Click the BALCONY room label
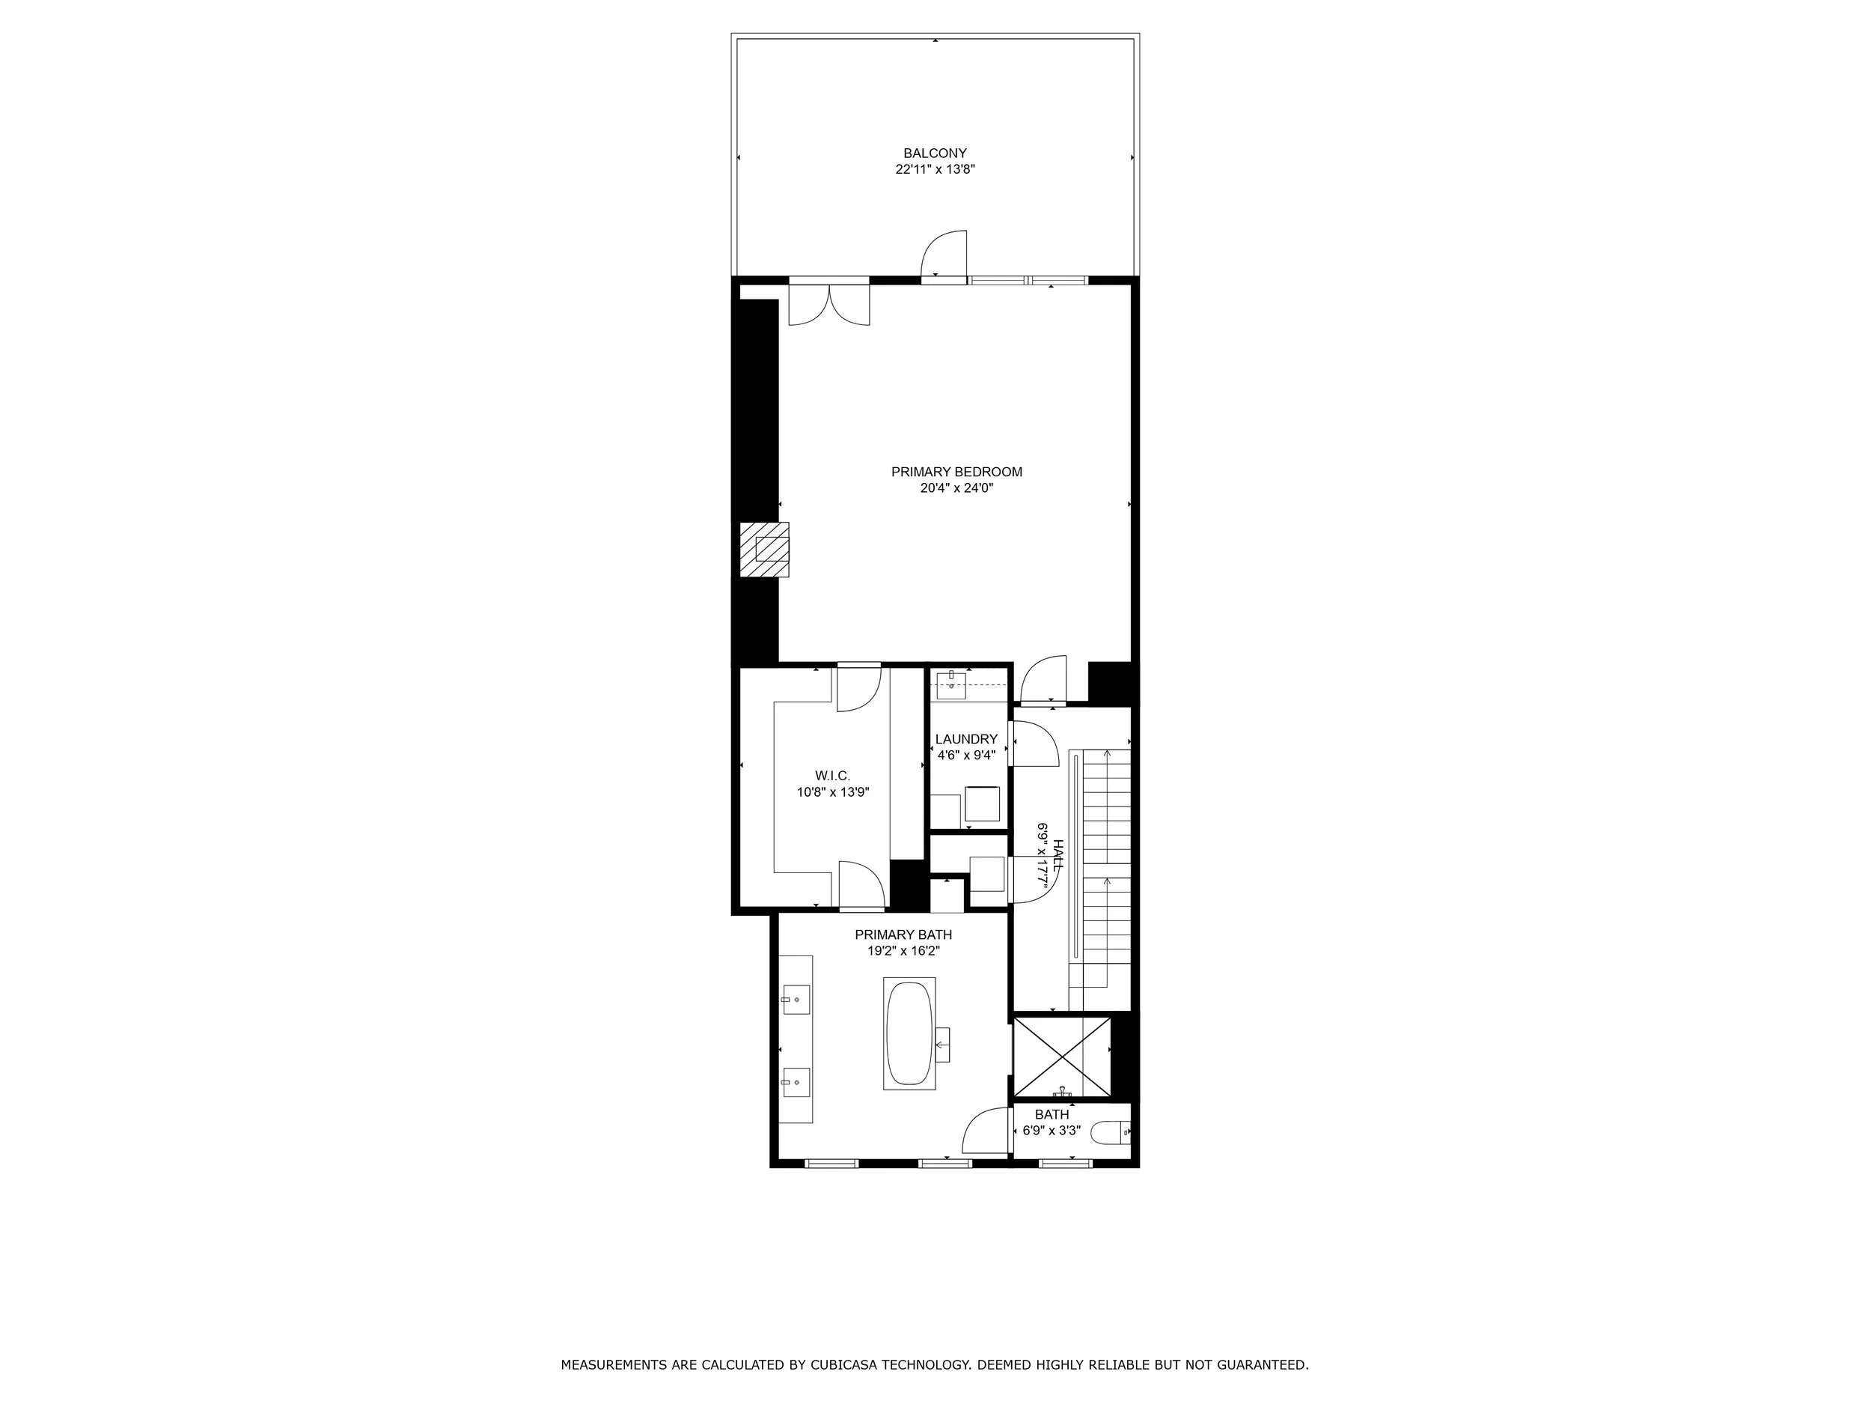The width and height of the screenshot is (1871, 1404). (x=935, y=154)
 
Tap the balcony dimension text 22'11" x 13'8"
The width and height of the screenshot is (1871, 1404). (x=935, y=169)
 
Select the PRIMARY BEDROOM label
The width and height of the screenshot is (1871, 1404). (x=956, y=472)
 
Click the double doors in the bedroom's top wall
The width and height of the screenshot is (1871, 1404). (x=829, y=305)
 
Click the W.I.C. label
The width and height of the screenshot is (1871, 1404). (x=832, y=776)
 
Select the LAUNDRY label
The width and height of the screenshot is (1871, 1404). (x=966, y=740)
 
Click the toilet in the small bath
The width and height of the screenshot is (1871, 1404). (x=1111, y=1131)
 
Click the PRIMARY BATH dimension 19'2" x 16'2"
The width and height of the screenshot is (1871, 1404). (x=903, y=951)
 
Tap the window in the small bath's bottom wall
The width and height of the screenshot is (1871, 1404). (x=1066, y=1164)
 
